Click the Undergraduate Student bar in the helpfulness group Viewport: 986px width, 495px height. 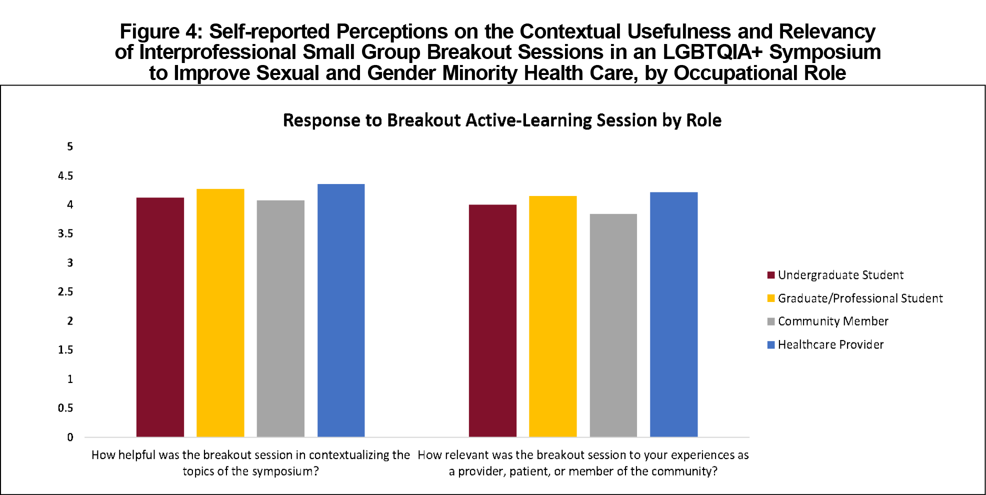[160, 317]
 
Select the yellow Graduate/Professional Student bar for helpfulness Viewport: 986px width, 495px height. [220, 313]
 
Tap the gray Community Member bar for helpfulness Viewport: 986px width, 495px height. [280, 318]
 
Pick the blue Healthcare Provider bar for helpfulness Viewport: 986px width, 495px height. [341, 310]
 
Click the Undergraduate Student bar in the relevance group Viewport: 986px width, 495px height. [492, 320]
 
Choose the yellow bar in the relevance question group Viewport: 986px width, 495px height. [553, 316]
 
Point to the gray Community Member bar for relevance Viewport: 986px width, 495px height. [613, 325]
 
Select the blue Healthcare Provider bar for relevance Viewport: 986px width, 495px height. [674, 314]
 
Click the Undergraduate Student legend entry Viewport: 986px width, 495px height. [835, 275]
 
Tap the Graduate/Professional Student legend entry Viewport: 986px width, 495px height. [855, 298]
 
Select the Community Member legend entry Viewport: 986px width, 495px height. [828, 321]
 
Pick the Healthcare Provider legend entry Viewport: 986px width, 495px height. [825, 344]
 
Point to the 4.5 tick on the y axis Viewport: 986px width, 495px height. [65, 175]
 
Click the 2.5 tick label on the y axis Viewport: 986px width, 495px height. [65, 291]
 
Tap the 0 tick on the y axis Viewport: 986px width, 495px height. [70, 437]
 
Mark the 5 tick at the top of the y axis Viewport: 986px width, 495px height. [70, 146]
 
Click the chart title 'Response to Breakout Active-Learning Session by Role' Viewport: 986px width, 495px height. [502, 120]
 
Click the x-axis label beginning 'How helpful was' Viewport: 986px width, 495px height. [250, 463]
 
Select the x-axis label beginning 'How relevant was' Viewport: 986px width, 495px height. [583, 463]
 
